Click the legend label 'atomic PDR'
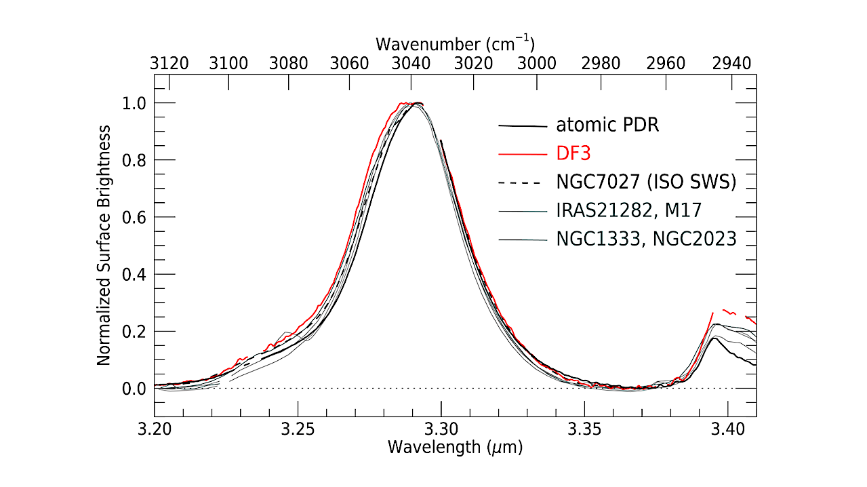tap(607, 125)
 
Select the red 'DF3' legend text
tap(573, 154)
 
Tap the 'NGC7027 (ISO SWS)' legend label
tap(646, 182)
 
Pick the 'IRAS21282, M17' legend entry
tap(628, 211)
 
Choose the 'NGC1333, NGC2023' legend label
tap(646, 239)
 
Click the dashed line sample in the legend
tap(522, 183)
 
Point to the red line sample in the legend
tap(522, 155)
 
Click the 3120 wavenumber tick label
tap(169, 64)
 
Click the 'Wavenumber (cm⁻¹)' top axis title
tap(455, 45)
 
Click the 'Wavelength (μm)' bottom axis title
tap(455, 448)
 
